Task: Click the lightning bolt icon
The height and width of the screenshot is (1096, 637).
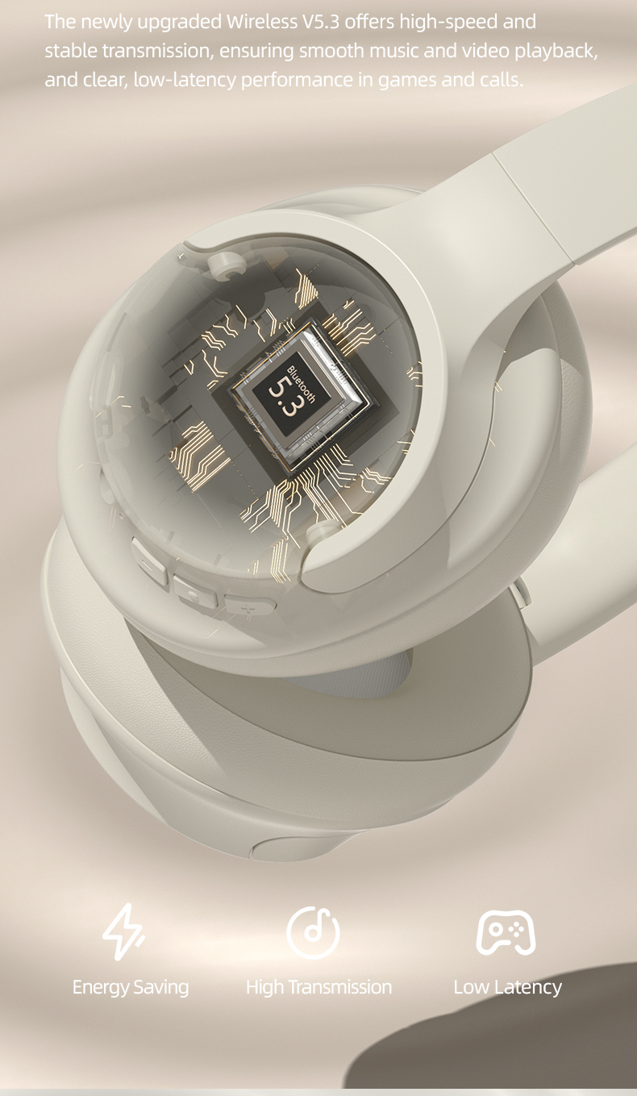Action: click(123, 931)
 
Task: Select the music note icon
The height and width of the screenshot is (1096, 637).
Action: click(313, 932)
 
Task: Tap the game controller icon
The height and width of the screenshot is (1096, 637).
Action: click(506, 932)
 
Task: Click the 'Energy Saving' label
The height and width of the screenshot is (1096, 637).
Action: click(131, 986)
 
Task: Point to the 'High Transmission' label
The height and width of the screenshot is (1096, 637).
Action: click(318, 986)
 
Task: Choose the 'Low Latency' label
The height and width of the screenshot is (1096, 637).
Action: click(507, 986)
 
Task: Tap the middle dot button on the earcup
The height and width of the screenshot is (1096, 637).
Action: click(194, 594)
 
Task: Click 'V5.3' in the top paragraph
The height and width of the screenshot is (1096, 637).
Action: click(320, 22)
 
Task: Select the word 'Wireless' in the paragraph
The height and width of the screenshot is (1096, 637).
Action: click(261, 22)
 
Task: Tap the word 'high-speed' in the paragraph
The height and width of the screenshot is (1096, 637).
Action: click(451, 22)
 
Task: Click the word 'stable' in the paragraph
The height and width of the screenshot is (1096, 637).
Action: click(69, 52)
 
